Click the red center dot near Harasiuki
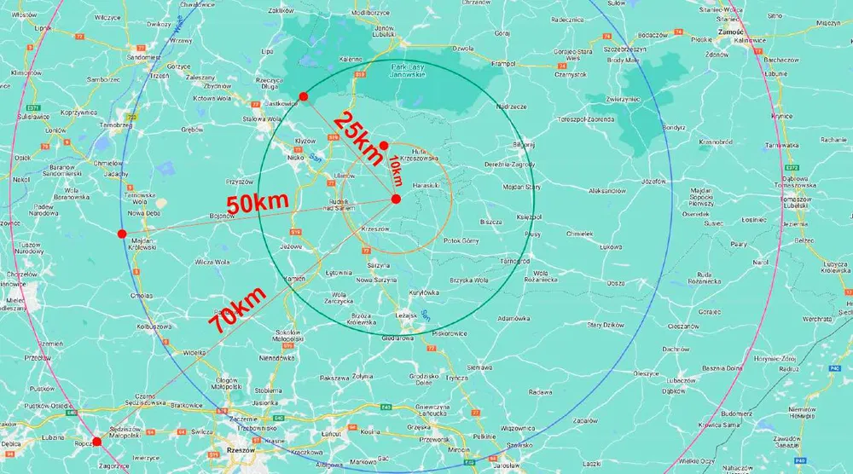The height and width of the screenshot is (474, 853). pos(397,199)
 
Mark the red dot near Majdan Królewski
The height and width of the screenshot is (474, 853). pos(122,234)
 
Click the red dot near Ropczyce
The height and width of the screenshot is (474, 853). pos(96,442)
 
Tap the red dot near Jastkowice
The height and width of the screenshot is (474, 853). pos(304,96)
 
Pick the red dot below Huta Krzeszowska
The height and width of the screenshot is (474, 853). pos(384,145)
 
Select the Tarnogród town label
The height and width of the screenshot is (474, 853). pos(516,260)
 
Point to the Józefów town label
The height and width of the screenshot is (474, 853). pos(652,182)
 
